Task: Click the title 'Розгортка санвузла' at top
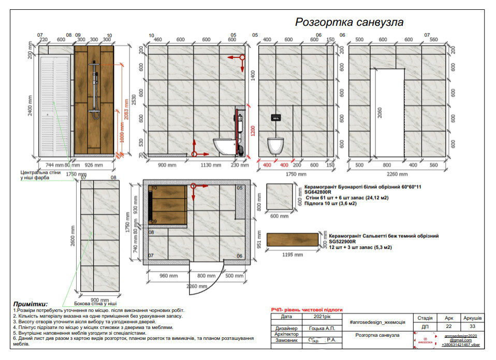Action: point(349,22)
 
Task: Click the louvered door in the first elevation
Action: point(54,105)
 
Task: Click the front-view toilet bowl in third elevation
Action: point(275,145)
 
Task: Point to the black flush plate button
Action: point(275,117)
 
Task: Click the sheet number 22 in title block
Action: point(448,327)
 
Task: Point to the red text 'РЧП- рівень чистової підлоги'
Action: point(307,309)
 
